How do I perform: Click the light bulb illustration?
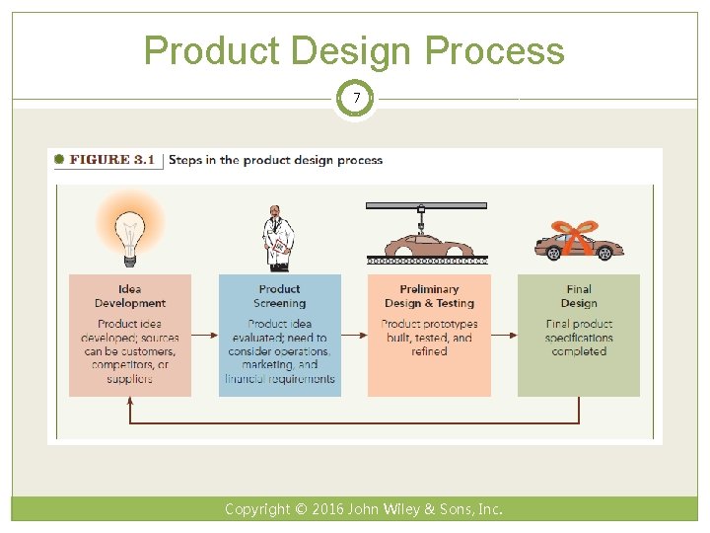click(129, 229)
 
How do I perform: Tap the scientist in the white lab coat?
click(279, 238)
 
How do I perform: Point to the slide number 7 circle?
click(355, 99)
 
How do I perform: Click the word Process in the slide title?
click(500, 51)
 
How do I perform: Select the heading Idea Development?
click(129, 296)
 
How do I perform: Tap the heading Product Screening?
click(279, 296)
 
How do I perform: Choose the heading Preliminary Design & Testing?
click(429, 296)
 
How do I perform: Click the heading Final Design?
click(579, 296)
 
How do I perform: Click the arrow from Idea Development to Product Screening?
click(205, 336)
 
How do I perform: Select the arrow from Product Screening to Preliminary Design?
click(354, 336)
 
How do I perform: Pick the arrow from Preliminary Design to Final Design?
click(504, 336)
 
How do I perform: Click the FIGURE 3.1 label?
click(111, 160)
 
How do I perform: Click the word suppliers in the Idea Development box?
click(130, 379)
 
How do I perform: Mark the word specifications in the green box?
click(579, 338)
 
